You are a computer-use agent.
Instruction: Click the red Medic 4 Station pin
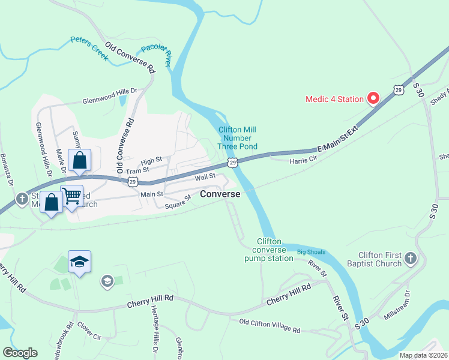tap(373, 98)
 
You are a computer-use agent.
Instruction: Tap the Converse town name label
tap(220, 194)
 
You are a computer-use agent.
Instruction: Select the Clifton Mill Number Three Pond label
tap(238, 138)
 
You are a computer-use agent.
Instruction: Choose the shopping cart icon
tap(71, 195)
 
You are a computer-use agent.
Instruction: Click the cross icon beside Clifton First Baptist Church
tap(411, 259)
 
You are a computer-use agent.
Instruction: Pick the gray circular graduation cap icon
tap(107, 281)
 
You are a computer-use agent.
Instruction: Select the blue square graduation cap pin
tap(79, 262)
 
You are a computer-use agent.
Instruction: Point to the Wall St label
tap(205, 176)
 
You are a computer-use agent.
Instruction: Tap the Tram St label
tap(120, 171)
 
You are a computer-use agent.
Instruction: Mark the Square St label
tap(179, 201)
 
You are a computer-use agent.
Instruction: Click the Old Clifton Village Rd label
tap(270, 326)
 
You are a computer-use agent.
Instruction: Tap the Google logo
tap(20, 353)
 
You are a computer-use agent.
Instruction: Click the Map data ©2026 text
tap(423, 355)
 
